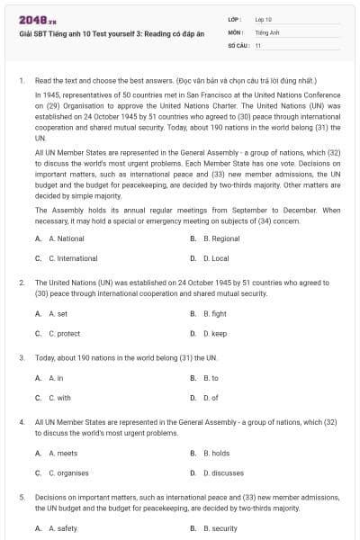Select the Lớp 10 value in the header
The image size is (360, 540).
click(x=263, y=19)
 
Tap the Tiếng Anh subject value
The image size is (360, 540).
click(x=265, y=31)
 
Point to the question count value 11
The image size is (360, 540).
click(x=258, y=44)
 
